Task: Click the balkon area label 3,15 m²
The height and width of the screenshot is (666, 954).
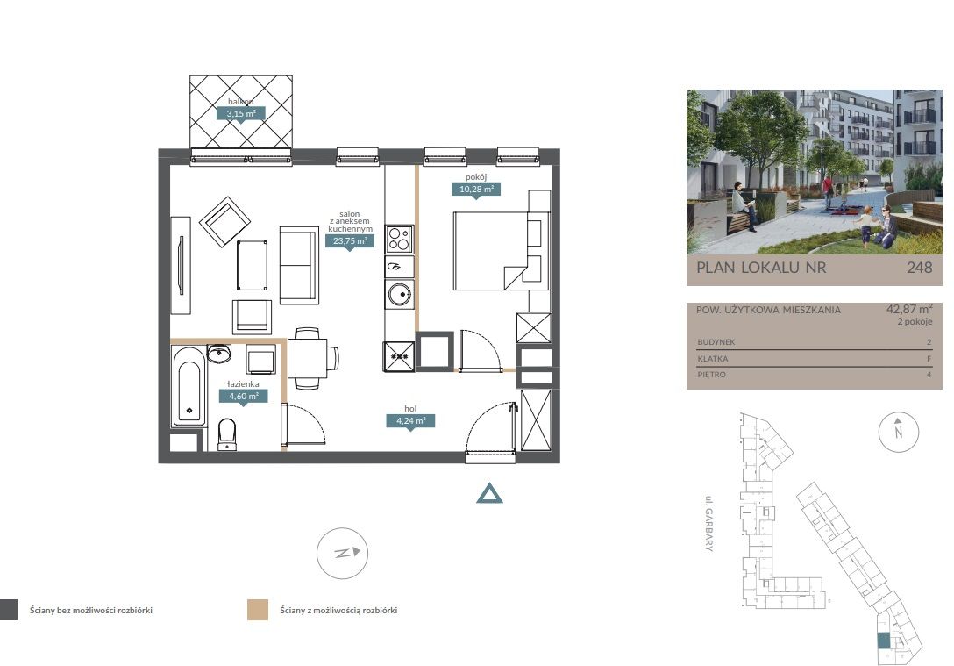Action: (241, 113)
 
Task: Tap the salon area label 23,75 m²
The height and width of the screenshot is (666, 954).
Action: (350, 240)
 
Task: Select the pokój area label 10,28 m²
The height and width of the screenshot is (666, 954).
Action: (476, 189)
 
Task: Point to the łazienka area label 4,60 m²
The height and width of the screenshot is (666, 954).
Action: (244, 396)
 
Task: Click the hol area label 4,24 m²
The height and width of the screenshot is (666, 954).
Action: (410, 420)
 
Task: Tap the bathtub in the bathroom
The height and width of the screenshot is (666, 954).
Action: (189, 386)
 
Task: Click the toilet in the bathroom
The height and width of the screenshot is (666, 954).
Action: (227, 433)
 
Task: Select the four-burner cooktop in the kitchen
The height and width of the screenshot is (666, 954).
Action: (399, 239)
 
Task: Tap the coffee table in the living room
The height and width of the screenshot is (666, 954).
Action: (252, 265)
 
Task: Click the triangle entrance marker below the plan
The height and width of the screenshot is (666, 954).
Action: (490, 494)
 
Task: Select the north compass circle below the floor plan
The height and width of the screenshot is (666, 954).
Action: (342, 553)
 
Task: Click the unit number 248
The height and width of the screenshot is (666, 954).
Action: (919, 267)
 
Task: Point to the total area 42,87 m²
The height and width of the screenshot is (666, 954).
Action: (909, 309)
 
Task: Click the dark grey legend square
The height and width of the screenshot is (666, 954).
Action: (9, 610)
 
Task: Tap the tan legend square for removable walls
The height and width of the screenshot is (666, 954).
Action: (258, 610)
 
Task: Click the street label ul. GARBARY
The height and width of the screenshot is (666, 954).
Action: (708, 524)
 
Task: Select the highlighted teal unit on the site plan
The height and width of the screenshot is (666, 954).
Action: (883, 641)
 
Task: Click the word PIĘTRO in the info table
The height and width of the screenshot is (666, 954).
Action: (711, 375)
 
